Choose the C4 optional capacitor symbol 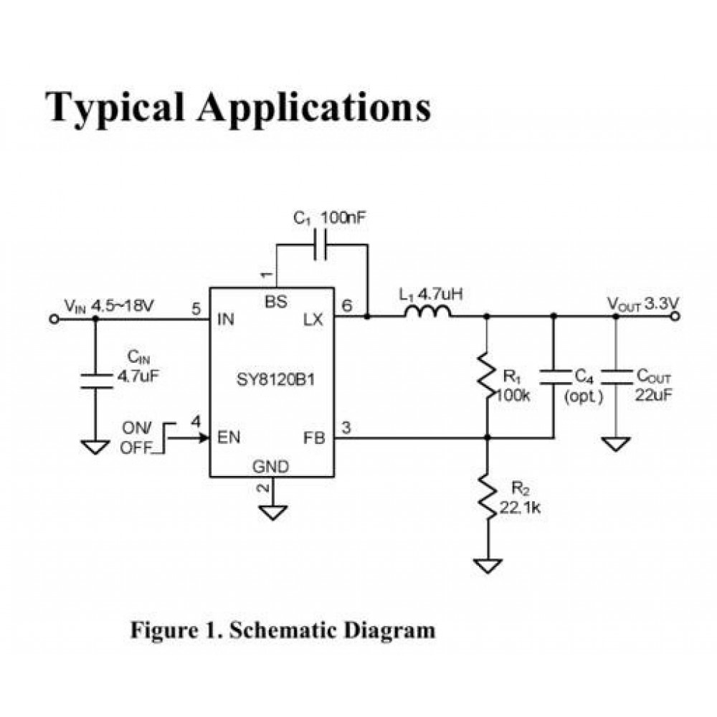(x=553, y=376)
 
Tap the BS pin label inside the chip (x=275, y=302)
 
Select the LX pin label (x=313, y=320)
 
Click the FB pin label (x=314, y=437)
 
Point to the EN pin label (x=229, y=437)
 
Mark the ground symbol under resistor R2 (x=487, y=566)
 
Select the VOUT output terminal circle (x=677, y=316)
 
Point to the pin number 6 (x=347, y=306)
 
